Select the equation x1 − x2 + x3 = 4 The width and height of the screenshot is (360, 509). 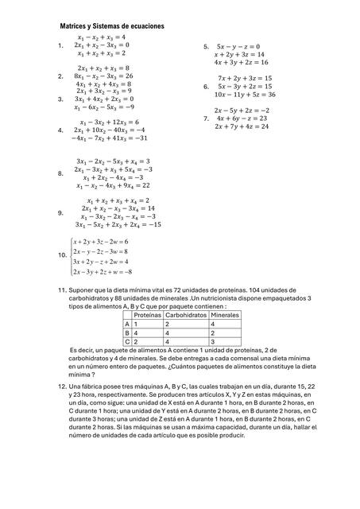pos(101,37)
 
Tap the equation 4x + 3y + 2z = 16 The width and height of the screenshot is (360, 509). pos(241,62)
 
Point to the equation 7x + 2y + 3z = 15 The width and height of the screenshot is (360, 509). pos(245,78)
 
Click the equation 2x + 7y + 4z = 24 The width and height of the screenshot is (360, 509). pos(241,126)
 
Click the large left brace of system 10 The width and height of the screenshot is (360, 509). pos(69,256)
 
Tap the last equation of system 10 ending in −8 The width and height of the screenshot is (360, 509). pos(101,271)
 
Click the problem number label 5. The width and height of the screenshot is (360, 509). pos(206,46)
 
